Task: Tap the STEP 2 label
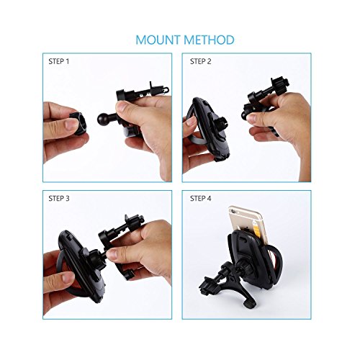[200, 62]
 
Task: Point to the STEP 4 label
[200, 198]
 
